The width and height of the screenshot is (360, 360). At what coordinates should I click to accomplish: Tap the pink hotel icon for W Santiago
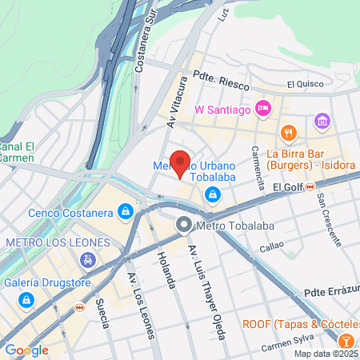pos(263,108)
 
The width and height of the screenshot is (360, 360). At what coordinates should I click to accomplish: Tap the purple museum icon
pos(322,122)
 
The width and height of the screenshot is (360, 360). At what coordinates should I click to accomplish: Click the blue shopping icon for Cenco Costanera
pos(125,212)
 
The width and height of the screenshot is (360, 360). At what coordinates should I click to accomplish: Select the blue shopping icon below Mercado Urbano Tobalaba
pos(213,194)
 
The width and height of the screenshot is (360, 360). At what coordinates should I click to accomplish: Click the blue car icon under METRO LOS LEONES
pos(87,260)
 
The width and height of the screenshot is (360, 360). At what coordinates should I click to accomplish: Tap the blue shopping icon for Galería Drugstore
pos(26,299)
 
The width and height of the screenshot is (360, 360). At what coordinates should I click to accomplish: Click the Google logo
pos(26,350)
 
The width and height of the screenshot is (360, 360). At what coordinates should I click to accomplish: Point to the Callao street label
pos(272,246)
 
